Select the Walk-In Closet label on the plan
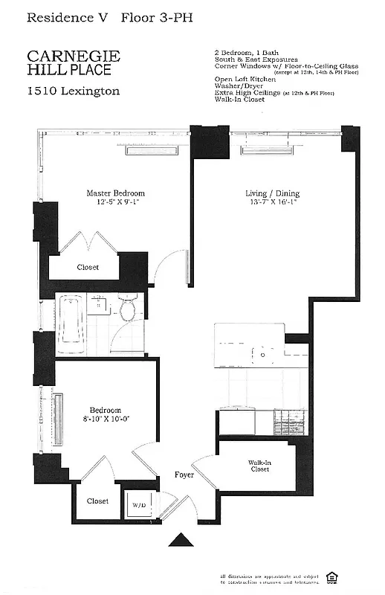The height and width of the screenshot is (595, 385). pyautogui.click(x=259, y=466)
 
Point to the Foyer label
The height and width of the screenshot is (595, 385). pyautogui.click(x=184, y=475)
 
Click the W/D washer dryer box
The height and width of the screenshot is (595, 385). pyautogui.click(x=139, y=505)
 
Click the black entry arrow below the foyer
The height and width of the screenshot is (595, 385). pyautogui.click(x=179, y=539)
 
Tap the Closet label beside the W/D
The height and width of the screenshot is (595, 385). pyautogui.click(x=97, y=501)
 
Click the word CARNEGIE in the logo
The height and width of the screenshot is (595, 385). pyautogui.click(x=69, y=57)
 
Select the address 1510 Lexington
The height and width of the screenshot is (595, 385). pyautogui.click(x=73, y=91)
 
